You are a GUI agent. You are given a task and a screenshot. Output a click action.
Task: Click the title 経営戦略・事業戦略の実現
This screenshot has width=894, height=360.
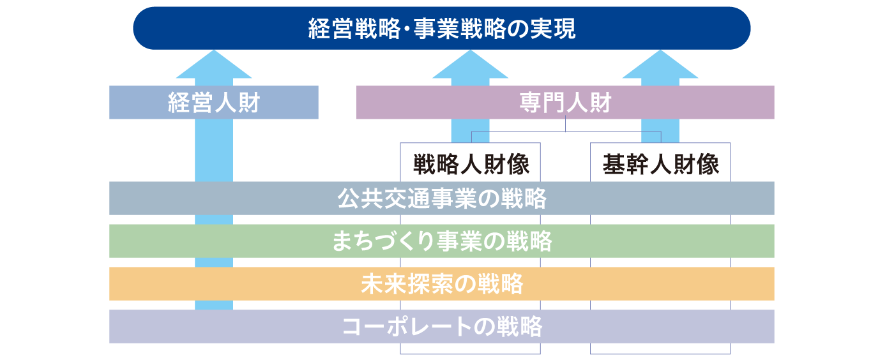pyautogui.click(x=442, y=29)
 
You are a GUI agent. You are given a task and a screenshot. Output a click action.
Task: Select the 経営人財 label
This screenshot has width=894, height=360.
pyautogui.click(x=213, y=102)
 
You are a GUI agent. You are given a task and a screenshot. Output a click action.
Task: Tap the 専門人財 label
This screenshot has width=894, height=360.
pyautogui.click(x=565, y=102)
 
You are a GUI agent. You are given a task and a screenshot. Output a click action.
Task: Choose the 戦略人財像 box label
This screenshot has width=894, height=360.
pyautogui.click(x=471, y=165)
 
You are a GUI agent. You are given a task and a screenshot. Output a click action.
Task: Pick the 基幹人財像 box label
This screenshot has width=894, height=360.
pyautogui.click(x=661, y=165)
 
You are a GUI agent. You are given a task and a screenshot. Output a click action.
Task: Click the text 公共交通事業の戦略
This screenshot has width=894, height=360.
pyautogui.click(x=442, y=199)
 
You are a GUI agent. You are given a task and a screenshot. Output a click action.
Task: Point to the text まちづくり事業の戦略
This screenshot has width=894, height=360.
pyautogui.click(x=442, y=241)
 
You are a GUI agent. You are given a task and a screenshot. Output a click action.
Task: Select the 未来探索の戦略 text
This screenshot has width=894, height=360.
pyautogui.click(x=442, y=283)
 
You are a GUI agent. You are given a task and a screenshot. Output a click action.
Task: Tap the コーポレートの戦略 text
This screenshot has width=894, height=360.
pyautogui.click(x=442, y=326)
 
